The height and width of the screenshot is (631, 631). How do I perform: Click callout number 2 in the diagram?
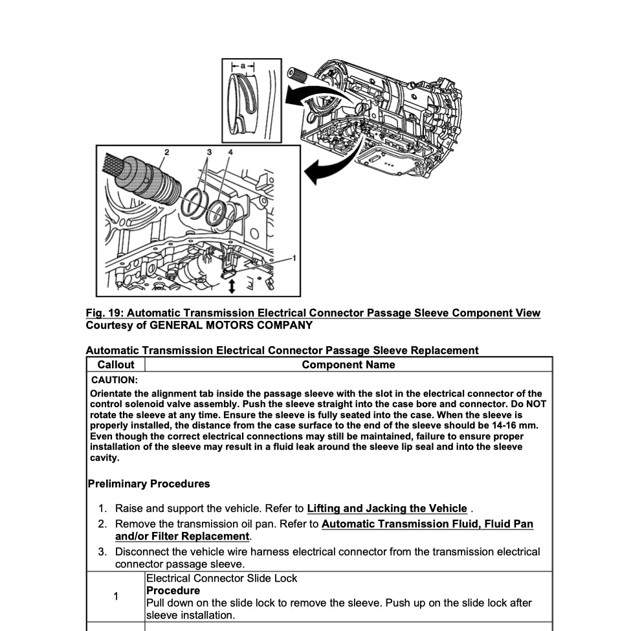(166, 152)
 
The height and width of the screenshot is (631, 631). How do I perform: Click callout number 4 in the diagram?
(230, 152)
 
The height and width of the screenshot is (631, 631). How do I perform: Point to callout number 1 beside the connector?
(294, 258)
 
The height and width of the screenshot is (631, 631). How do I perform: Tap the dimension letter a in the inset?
(243, 66)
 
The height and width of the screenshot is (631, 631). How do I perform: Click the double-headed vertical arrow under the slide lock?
(232, 285)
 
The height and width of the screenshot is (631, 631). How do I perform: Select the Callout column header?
(116, 364)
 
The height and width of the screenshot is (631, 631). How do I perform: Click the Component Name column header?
(348, 364)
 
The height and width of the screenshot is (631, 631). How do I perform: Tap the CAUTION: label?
(115, 380)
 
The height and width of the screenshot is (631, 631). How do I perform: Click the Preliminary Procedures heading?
(148, 483)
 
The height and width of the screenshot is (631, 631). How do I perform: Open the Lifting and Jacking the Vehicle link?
(387, 508)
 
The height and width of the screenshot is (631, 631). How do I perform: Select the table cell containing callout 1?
(116, 596)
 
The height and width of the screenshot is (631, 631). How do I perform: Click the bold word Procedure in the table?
(173, 590)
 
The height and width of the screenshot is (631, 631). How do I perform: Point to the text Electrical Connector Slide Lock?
(222, 578)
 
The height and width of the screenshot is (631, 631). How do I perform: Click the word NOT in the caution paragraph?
(535, 404)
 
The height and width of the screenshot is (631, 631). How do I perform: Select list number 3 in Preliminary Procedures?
(102, 552)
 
